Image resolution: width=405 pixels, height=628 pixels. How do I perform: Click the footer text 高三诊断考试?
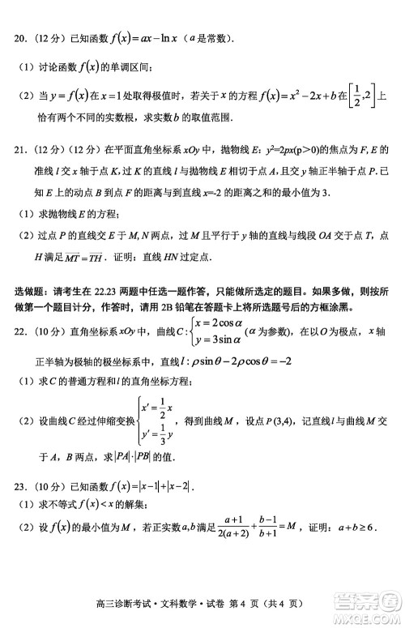tap(130, 604)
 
